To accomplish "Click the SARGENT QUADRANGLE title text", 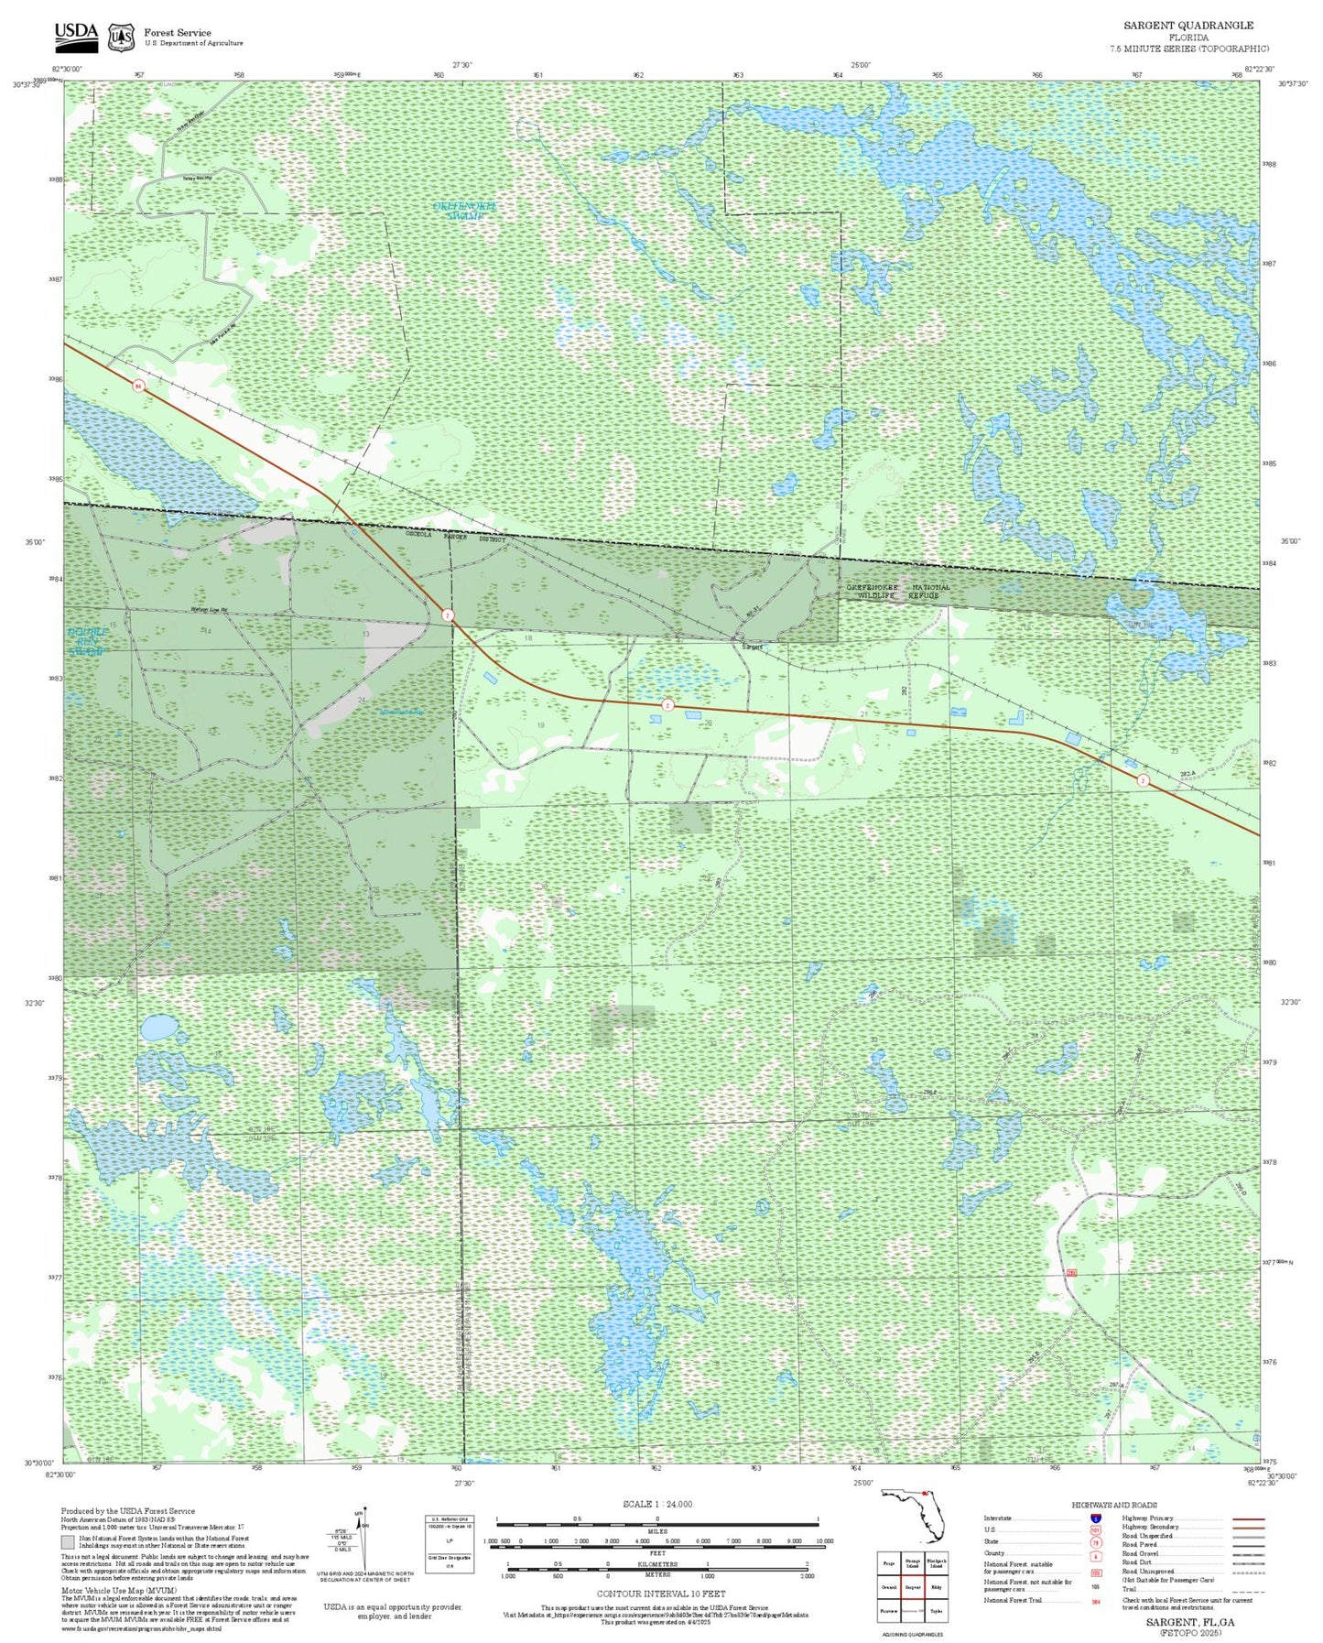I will coord(1188,25).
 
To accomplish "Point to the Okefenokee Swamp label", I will coord(465,211).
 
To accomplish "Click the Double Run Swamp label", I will coord(88,641).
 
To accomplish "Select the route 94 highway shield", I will coord(138,386).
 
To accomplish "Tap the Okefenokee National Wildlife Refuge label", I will coord(897,592).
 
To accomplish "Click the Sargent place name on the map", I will coord(752,647).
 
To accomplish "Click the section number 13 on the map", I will coord(365,634).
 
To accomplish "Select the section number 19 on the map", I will coord(541,725).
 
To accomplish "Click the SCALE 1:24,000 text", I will coord(656,1504).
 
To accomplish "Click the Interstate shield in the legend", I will coord(1095,1518).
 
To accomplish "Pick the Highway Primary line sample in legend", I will coord(1249,1518).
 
